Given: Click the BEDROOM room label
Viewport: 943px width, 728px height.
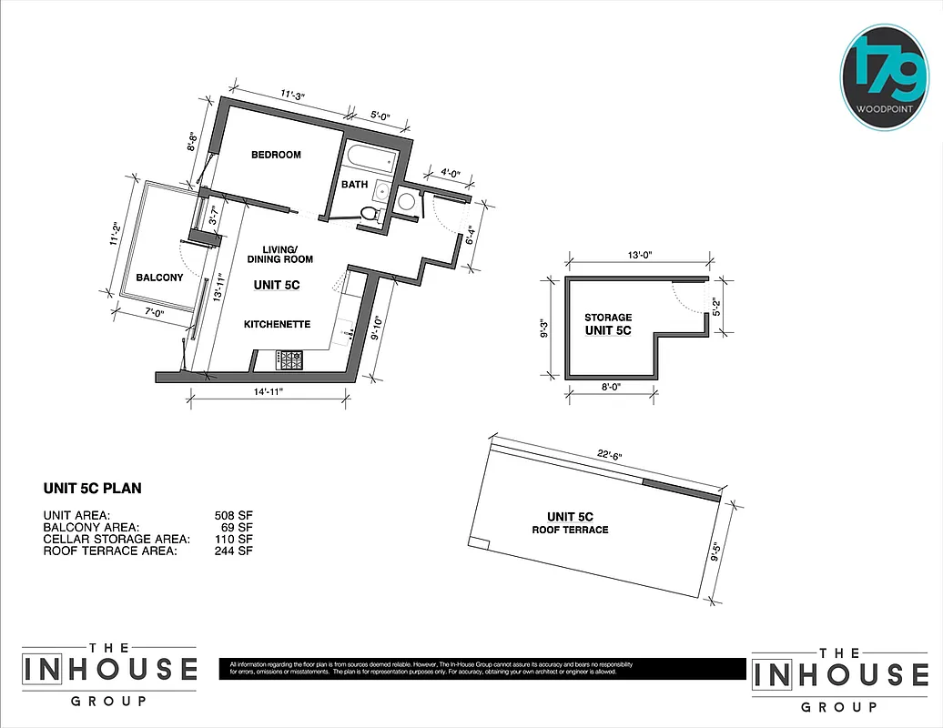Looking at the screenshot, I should coord(276,155).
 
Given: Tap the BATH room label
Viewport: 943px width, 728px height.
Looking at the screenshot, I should coord(354,185).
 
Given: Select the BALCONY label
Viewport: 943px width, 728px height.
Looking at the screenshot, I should coord(159,278).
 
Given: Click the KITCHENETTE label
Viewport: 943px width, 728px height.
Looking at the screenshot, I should coord(278,324).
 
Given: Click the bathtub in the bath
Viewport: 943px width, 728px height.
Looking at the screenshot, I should coord(370,161).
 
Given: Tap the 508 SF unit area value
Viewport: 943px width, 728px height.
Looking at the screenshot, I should coord(233,514).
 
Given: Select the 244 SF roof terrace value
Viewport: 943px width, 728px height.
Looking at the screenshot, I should coord(233,551).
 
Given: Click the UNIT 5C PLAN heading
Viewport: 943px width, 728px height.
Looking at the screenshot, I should coord(93,489).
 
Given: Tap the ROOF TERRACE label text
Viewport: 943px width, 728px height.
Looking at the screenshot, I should coord(571,530).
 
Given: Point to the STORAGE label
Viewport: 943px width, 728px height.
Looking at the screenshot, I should coord(608,318).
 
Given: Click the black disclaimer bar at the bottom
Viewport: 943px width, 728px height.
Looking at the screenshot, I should coord(473,669).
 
